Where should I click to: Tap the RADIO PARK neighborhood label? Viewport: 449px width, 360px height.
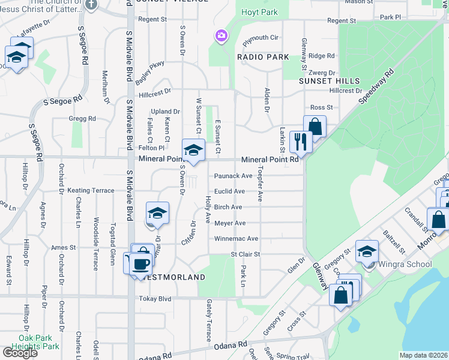pyautogui.click(x=263, y=57)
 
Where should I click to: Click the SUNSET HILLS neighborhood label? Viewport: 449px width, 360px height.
pyautogui.click(x=330, y=81)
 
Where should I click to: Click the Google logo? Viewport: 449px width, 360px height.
pyautogui.click(x=20, y=352)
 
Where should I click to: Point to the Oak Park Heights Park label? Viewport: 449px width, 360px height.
pyautogui.click(x=38, y=342)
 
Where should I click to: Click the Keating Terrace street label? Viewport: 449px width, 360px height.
pyautogui.click(x=91, y=190)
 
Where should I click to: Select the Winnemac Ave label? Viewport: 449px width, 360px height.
pyautogui.click(x=237, y=239)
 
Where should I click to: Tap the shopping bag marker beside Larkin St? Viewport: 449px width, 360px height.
pyautogui.click(x=315, y=127)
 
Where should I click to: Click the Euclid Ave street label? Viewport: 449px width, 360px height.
pyautogui.click(x=230, y=191)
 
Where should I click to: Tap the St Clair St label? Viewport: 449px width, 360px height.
pyautogui.click(x=246, y=254)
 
